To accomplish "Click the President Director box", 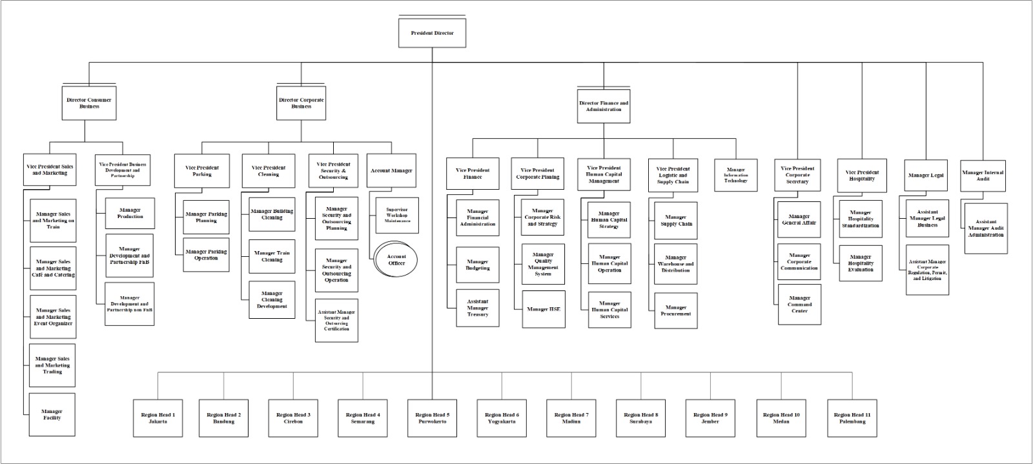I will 432,33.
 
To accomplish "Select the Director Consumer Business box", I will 89,103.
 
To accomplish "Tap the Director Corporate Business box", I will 301,103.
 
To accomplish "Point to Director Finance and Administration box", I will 604,106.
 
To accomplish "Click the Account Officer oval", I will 396,260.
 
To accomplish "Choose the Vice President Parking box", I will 201,171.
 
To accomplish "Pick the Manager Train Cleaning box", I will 272,256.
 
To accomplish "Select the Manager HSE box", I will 544,309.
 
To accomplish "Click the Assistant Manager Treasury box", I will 478,308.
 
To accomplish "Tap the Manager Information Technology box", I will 736,175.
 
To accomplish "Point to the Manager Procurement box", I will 676,310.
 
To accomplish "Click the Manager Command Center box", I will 799,305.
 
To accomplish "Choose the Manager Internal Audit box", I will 983,176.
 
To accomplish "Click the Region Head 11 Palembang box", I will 852,418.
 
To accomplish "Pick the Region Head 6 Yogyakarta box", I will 502,418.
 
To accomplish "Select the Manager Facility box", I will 52,414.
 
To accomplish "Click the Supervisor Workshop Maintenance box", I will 397,215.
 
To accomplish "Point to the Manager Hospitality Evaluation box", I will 861,263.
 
